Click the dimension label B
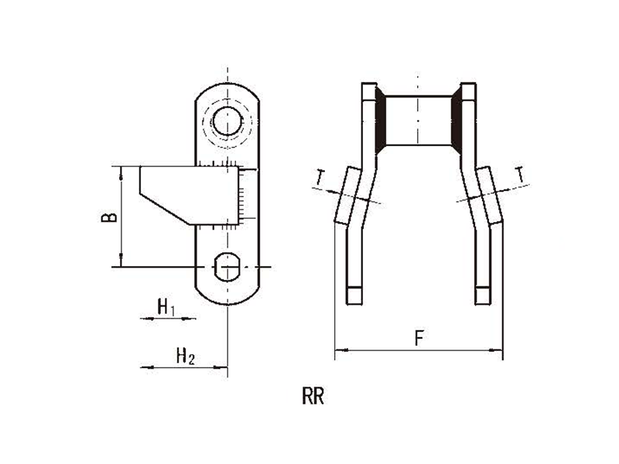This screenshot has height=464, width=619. coord(109,217)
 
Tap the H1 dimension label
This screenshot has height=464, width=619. coord(166,307)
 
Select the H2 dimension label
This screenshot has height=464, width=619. coord(185,356)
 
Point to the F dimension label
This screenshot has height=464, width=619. coord(419,338)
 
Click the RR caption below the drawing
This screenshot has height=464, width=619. coord(313,396)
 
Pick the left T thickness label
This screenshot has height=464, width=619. coord(320,177)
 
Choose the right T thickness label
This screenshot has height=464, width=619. coord(521,174)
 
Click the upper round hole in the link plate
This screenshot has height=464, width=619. coord(227,121)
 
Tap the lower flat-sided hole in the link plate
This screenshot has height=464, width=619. coord(227,267)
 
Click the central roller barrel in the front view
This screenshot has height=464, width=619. coord(419,121)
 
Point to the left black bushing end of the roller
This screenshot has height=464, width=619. coord(380,120)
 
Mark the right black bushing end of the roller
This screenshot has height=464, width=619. coord(457,120)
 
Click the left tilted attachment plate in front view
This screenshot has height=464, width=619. coord(347,196)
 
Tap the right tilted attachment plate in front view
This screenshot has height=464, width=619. coord(490,196)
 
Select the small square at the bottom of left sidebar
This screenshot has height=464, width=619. coord(354,295)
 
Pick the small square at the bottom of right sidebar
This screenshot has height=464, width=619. coord(483,295)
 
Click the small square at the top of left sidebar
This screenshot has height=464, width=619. coord(369,91)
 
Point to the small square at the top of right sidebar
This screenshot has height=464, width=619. coord(469,91)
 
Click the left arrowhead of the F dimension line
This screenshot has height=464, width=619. coord(340,350)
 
